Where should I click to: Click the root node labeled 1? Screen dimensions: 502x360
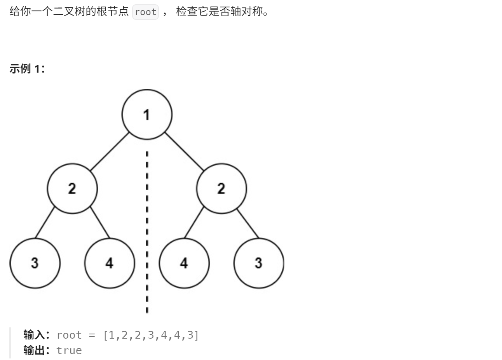[146, 115]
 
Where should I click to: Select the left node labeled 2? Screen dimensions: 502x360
[72, 189]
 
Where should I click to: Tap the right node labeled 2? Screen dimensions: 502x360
[221, 189]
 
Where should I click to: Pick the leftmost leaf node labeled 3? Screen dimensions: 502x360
[35, 263]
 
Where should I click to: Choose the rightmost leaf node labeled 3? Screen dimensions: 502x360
[258, 263]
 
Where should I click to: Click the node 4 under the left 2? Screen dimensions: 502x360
[110, 263]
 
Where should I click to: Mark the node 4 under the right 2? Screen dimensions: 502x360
[184, 263]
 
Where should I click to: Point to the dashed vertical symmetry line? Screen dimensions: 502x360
[147, 233]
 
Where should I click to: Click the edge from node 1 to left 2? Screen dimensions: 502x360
[110, 151]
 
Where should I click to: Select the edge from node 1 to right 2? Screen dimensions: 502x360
[184, 151]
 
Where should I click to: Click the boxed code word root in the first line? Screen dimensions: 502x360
[146, 12]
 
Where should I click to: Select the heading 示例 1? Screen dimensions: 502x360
[27, 69]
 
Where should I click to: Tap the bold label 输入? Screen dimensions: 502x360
[34, 335]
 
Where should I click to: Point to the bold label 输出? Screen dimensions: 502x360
[34, 350]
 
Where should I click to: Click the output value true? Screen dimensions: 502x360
[69, 350]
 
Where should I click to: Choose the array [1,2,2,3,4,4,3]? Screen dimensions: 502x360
[151, 335]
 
